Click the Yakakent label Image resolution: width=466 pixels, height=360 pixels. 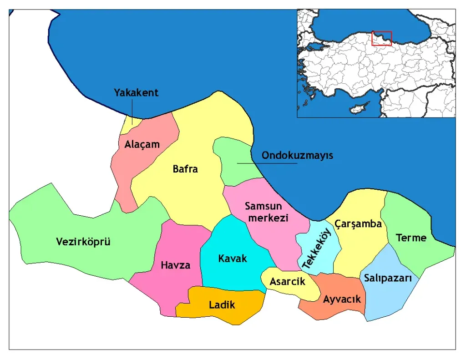pos(136,93)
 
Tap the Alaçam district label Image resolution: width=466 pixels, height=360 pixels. pos(142,145)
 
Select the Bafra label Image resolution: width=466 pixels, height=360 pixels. pos(185,169)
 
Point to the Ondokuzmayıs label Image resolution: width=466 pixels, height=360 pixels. pos(297,156)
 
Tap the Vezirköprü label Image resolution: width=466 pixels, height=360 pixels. pos(83,241)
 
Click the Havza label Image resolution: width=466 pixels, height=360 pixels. pos(175,265)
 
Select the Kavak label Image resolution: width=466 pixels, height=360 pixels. pos(233,259)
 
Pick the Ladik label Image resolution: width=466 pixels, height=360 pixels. pos(222,305)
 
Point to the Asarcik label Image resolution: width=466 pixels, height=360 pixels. pos(287,282)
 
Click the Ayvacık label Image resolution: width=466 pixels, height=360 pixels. pos(342,299)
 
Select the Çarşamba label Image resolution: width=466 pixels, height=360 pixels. pos(358,223)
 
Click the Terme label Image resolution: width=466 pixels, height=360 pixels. pos(411,238)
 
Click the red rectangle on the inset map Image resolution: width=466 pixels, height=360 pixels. pos(381,38)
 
